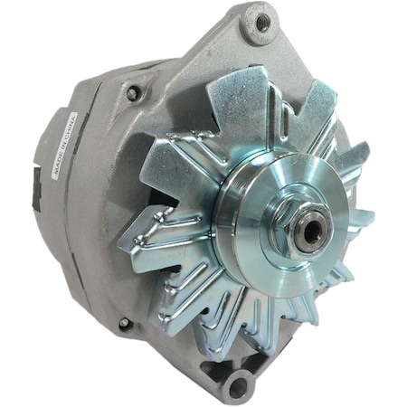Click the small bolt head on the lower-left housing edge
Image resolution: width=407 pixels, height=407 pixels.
pos(125,323)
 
